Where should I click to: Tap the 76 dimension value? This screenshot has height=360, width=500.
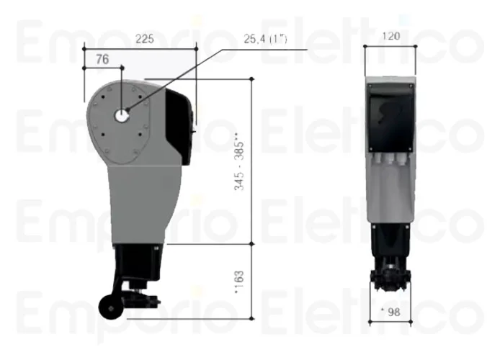(102, 60)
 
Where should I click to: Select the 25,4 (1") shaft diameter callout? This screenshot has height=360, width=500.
(267, 40)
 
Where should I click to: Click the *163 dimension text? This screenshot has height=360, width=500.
(240, 282)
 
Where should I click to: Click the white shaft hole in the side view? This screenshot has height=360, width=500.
(123, 115)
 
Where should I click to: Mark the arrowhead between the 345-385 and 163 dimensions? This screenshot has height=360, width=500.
(251, 244)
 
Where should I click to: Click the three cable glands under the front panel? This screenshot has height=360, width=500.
(390, 162)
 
